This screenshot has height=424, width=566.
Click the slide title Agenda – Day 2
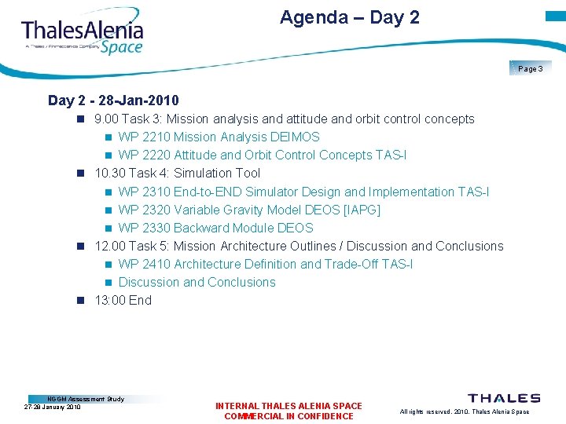coord(349,17)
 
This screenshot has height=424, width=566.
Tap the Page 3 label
coord(530,69)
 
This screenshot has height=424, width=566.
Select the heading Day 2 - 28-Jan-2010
coord(113,101)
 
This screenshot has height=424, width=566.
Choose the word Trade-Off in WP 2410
coord(351,264)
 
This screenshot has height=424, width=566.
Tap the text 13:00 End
coord(123,300)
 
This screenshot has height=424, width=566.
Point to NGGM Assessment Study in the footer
coord(86,399)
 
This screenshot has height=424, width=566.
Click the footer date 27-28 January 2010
coord(53,408)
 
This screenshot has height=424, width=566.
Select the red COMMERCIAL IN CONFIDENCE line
coord(289,416)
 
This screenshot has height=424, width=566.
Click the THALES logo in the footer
coord(504,398)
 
